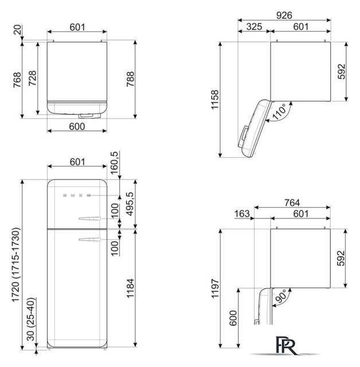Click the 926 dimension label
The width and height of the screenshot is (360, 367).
point(284,15)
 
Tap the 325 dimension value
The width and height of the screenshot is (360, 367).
point(254,26)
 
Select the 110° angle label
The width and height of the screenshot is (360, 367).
point(280,112)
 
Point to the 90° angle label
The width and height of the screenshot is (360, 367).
point(281,296)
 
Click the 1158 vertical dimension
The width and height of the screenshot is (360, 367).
point(215,99)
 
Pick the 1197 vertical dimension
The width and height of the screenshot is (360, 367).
point(215,288)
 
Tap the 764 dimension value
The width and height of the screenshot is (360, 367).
point(292,202)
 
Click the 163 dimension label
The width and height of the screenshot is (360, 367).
point(242,213)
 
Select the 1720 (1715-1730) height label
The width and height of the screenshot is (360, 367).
point(16,265)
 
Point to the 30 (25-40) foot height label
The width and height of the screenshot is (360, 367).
point(31,319)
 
